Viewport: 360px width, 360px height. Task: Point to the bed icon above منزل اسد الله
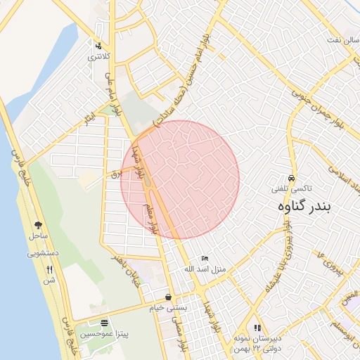coord(205,259)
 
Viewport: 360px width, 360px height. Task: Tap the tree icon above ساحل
coord(38,225)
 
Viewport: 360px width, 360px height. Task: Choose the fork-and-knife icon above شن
coord(49,269)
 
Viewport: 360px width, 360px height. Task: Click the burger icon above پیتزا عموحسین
coord(105,323)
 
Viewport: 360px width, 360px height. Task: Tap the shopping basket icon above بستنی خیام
coord(167,297)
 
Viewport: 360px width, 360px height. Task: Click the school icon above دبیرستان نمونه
coord(257,328)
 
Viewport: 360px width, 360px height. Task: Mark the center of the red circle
coord(180,179)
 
